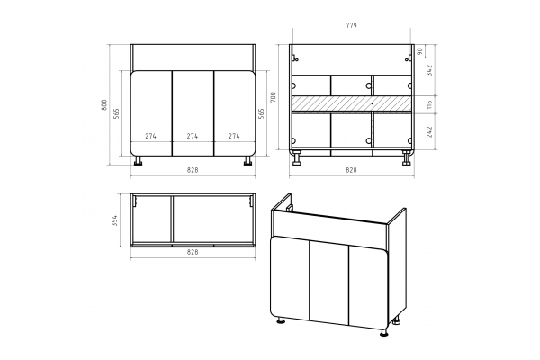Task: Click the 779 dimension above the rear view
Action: (351, 25)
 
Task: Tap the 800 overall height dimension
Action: (104, 104)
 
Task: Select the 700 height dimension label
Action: (273, 97)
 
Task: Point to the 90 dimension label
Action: (419, 51)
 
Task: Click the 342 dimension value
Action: (429, 70)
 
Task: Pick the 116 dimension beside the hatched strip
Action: (429, 104)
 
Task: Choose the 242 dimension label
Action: (429, 132)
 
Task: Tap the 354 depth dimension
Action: (114, 220)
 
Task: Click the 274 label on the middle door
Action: (193, 136)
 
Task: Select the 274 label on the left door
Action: (150, 136)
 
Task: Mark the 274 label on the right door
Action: (234, 136)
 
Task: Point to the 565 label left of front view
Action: (116, 113)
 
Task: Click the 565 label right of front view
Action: (261, 113)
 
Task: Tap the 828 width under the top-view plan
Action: (193, 252)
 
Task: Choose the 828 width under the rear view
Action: (351, 170)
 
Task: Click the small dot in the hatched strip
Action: (373, 103)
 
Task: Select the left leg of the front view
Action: (139, 160)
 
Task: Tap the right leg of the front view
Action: (247, 160)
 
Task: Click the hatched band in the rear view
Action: (351, 103)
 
